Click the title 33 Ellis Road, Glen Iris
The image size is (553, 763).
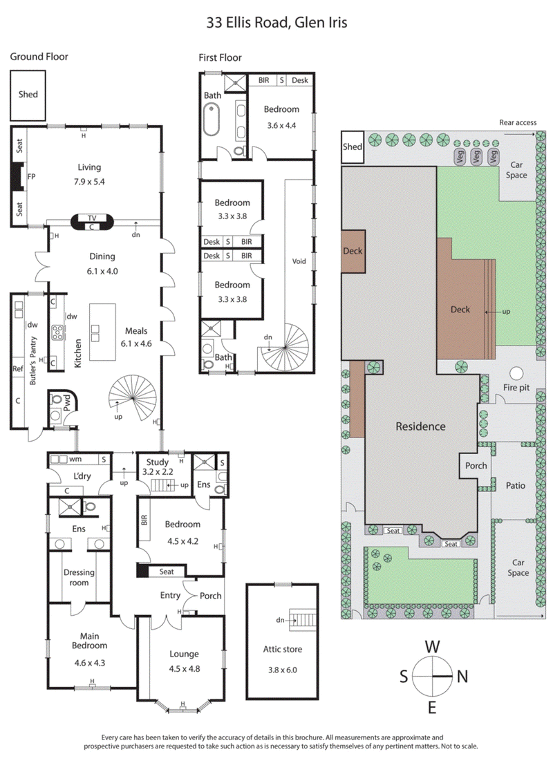(276, 22)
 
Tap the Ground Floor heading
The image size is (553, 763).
(39, 57)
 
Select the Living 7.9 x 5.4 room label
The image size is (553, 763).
(89, 172)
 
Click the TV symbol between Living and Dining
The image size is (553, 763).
(92, 217)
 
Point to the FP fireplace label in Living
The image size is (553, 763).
(31, 177)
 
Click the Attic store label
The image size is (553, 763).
(282, 654)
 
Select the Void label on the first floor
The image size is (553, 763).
(299, 261)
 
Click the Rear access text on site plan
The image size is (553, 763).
(518, 122)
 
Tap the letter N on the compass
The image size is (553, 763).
(462, 676)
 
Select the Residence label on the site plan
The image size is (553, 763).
(420, 426)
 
